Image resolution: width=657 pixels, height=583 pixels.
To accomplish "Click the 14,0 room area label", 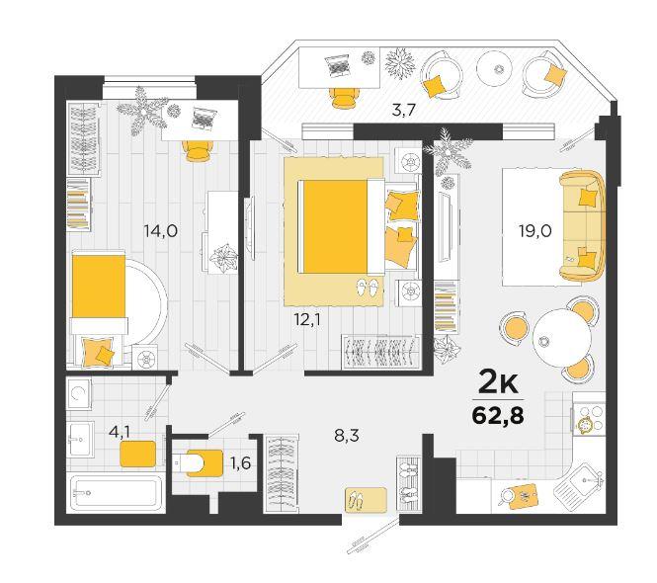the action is pyautogui.click(x=160, y=231).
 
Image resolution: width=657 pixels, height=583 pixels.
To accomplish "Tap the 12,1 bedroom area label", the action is pyautogui.click(x=309, y=320).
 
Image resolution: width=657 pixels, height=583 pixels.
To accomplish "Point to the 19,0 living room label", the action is pyautogui.click(x=535, y=231).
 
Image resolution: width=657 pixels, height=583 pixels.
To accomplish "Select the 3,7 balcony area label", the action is pyautogui.click(x=403, y=111).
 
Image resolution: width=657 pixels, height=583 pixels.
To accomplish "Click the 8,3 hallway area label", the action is pyautogui.click(x=347, y=436).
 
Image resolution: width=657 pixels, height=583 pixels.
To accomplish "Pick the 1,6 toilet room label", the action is pyautogui.click(x=240, y=462).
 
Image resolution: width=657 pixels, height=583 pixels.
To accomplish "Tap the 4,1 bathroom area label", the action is pyautogui.click(x=119, y=432).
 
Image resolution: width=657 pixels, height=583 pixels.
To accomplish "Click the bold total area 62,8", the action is pyautogui.click(x=498, y=416).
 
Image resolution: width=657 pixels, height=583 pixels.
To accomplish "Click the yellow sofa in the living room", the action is pyautogui.click(x=583, y=225).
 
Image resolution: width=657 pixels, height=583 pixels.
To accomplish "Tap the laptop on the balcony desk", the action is pyautogui.click(x=337, y=66).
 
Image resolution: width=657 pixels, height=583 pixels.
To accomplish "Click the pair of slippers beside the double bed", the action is pyautogui.click(x=368, y=288).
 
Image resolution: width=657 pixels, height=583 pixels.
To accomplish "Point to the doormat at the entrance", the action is pyautogui.click(x=366, y=500).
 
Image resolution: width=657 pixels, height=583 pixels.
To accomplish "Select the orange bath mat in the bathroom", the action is pyautogui.click(x=138, y=454).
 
